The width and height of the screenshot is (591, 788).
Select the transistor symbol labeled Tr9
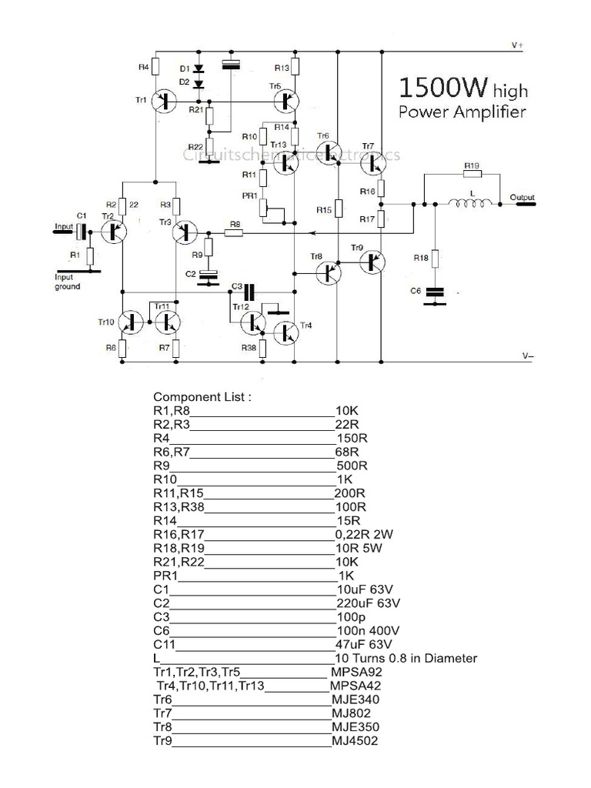click(x=374, y=262)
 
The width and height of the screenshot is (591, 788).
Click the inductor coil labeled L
click(x=471, y=204)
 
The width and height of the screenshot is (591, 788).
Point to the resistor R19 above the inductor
click(x=472, y=175)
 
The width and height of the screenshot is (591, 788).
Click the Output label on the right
click(x=522, y=198)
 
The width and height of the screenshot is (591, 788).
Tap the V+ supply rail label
click(x=517, y=45)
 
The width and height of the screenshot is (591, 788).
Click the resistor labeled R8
click(x=234, y=232)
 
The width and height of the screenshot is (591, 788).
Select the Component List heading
click(x=202, y=397)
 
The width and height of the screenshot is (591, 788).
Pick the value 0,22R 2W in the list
click(x=366, y=533)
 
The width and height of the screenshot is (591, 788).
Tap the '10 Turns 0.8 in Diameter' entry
click(x=406, y=658)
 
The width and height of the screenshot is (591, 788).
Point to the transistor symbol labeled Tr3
click(x=185, y=231)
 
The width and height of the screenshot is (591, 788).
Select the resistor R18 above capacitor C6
click(x=436, y=259)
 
